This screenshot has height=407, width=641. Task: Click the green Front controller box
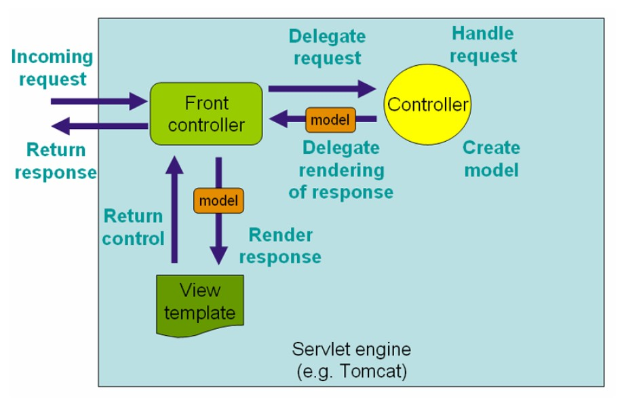pyautogui.click(x=206, y=113)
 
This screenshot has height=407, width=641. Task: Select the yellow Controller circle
pyautogui.click(x=427, y=104)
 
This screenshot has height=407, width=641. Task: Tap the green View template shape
pyautogui.click(x=200, y=304)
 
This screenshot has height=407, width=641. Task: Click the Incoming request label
pyautogui.click(x=52, y=68)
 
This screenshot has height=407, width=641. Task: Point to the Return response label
pyautogui.click(x=56, y=161)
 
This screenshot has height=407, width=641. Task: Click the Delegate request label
pyautogui.click(x=327, y=47)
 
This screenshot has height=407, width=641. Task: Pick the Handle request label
pyautogui.click(x=483, y=44)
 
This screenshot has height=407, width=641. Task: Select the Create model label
pyautogui.click(x=492, y=159)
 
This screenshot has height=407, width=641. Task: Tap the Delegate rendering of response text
pyautogui.click(x=341, y=170)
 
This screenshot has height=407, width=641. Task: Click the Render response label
pyautogui.click(x=280, y=246)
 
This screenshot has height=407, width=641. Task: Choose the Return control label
pyautogui.click(x=133, y=227)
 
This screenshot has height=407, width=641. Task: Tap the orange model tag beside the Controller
pyautogui.click(x=330, y=120)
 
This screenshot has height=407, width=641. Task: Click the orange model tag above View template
pyautogui.click(x=218, y=200)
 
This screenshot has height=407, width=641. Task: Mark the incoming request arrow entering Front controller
pyautogui.click(x=99, y=102)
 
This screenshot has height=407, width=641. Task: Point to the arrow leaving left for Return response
pyautogui.click(x=99, y=125)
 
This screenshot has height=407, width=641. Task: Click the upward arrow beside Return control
pyautogui.click(x=175, y=210)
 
